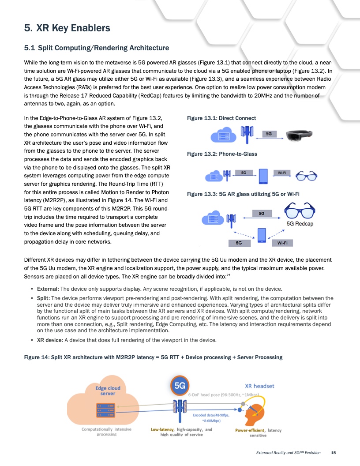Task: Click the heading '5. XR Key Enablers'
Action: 67,29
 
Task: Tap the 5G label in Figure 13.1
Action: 269,133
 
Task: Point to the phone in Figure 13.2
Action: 263,176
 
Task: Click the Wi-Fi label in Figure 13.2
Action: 281,173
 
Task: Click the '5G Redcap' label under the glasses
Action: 300,224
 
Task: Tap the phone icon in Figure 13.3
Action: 262,234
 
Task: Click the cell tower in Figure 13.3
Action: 231,219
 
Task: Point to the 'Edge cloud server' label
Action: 108,391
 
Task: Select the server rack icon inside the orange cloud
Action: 105,410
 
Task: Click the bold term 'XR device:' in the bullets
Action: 50,340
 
